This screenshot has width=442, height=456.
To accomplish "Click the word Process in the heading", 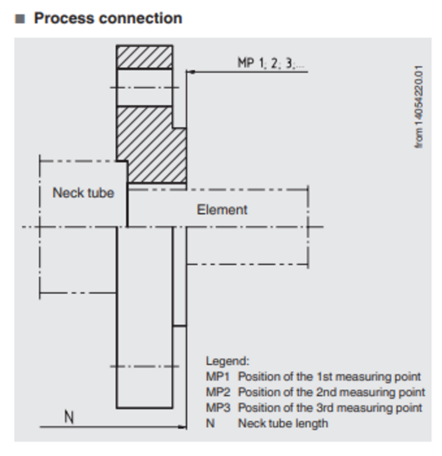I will pos(64,18).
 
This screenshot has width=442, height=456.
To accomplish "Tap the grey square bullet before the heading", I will pos(20,19).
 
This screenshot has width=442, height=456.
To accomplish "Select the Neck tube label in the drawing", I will pos(83,193).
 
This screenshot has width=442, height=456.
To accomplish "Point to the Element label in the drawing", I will pos(222,210).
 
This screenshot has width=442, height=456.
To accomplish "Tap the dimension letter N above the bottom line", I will pos(69,417).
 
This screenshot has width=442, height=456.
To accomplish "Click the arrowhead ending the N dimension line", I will pos(183,427).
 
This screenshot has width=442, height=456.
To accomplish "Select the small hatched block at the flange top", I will pos(144,57).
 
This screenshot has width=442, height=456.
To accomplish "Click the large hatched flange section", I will pos(151,143).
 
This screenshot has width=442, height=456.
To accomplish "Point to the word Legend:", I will pos(227,361).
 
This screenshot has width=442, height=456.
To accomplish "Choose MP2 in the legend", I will pos(218,392).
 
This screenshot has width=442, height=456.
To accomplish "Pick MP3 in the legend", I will pos(218,408).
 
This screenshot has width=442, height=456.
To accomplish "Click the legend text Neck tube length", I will pos(283,423).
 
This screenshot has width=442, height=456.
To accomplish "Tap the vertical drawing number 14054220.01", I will pos(419,106).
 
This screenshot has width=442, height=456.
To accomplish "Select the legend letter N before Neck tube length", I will pos(210,423).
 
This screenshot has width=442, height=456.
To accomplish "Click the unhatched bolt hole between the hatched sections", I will pos(144,88).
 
